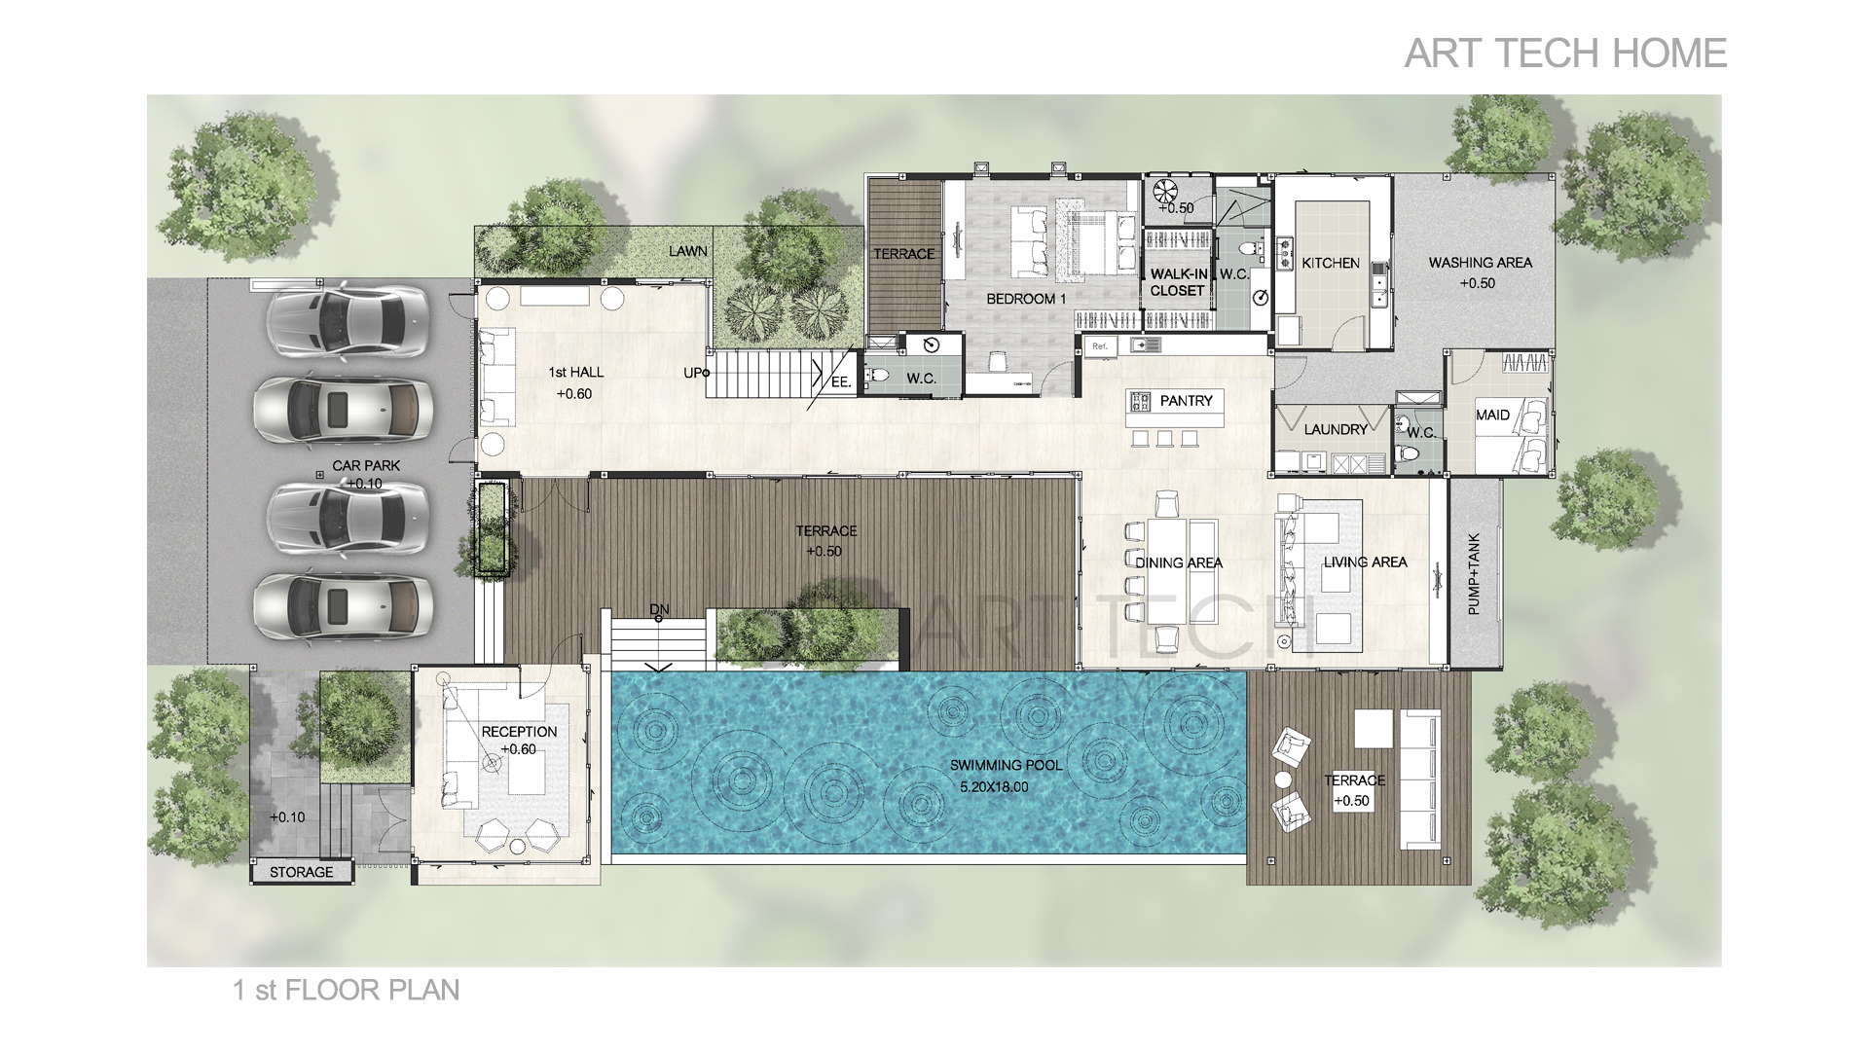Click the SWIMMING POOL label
[x=1006, y=766]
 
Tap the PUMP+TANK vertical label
[x=1473, y=573]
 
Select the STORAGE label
[x=301, y=872]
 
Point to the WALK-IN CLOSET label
[x=1178, y=282]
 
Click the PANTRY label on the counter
[x=1186, y=401]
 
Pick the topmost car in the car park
[x=347, y=320]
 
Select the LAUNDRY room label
[x=1336, y=429]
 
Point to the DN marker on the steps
[x=660, y=610]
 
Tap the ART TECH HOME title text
[x=1565, y=54]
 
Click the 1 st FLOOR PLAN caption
[x=346, y=991]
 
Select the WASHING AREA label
[x=1480, y=263]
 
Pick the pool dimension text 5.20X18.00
[x=993, y=787]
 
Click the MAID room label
[x=1492, y=416]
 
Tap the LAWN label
[x=688, y=251]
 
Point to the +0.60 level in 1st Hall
[x=574, y=394]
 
